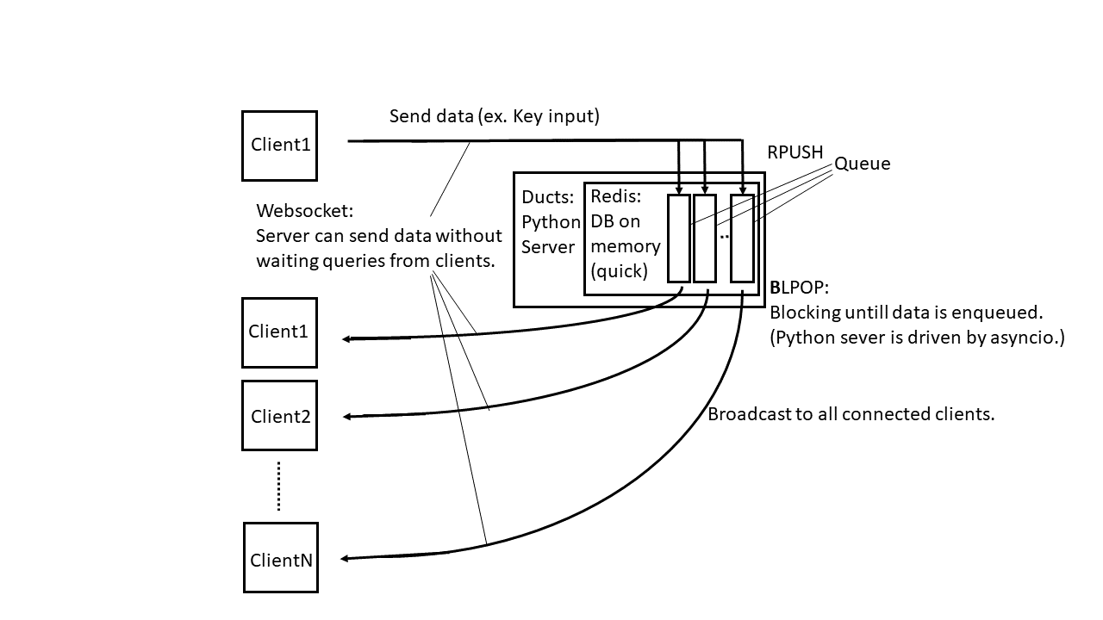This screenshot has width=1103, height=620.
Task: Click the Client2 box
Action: tap(279, 415)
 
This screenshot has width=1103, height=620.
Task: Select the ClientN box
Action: tap(281, 557)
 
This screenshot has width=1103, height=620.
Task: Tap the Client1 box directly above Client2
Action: tap(279, 332)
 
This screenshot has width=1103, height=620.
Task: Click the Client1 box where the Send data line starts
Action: tap(279, 146)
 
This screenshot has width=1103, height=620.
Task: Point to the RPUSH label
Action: tap(795, 152)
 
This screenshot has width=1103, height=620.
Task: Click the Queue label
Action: tap(862, 164)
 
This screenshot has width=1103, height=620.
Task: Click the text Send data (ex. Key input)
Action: tap(494, 116)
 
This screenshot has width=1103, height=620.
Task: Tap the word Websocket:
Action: tap(305, 211)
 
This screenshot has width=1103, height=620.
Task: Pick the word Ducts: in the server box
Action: tap(547, 197)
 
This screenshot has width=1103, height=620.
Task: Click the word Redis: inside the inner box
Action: tap(615, 196)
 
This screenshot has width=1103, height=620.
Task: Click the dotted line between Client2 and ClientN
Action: tap(279, 486)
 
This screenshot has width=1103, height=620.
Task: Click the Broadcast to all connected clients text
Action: tap(851, 414)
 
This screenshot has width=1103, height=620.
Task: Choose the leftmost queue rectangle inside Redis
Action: tap(679, 238)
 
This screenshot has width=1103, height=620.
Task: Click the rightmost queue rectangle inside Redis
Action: tap(742, 238)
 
